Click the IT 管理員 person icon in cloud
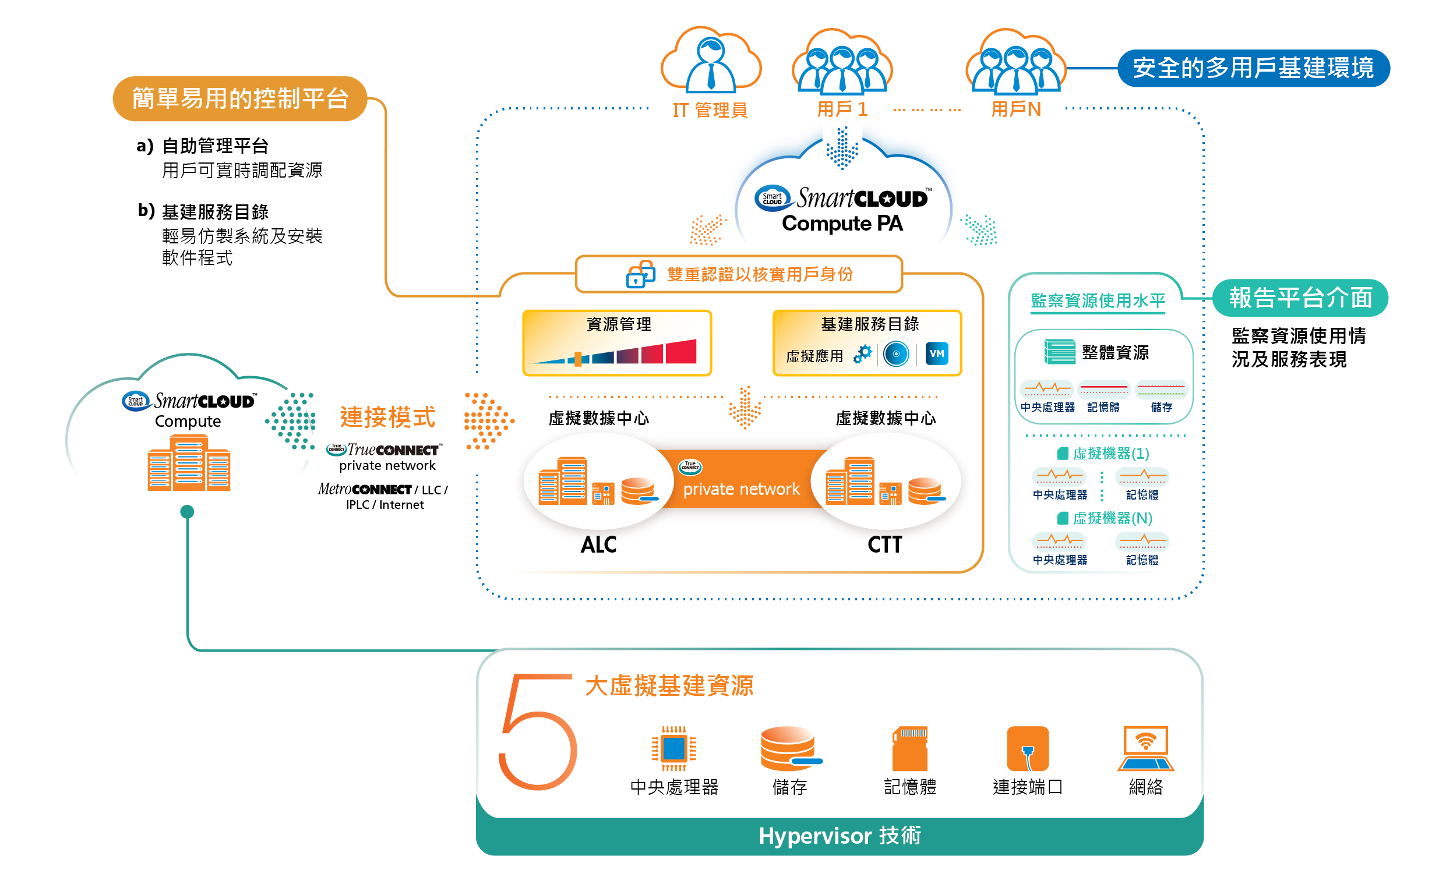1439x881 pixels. (x=710, y=64)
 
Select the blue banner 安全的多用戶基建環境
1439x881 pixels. (x=1253, y=68)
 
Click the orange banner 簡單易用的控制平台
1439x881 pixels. (x=239, y=98)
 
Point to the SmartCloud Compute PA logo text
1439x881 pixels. (x=842, y=210)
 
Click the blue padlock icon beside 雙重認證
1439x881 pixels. (x=640, y=274)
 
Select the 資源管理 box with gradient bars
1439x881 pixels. (x=617, y=343)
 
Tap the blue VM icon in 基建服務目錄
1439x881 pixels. (x=936, y=354)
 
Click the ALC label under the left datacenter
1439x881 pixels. (x=598, y=545)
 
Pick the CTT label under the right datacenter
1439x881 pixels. (x=884, y=545)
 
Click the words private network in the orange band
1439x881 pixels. (x=741, y=489)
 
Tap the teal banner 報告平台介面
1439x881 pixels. (x=1300, y=298)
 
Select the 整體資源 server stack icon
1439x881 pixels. (x=1059, y=352)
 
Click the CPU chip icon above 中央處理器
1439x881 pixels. (x=673, y=748)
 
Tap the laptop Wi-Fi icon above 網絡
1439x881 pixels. (x=1145, y=748)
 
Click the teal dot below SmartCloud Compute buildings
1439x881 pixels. (x=187, y=512)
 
